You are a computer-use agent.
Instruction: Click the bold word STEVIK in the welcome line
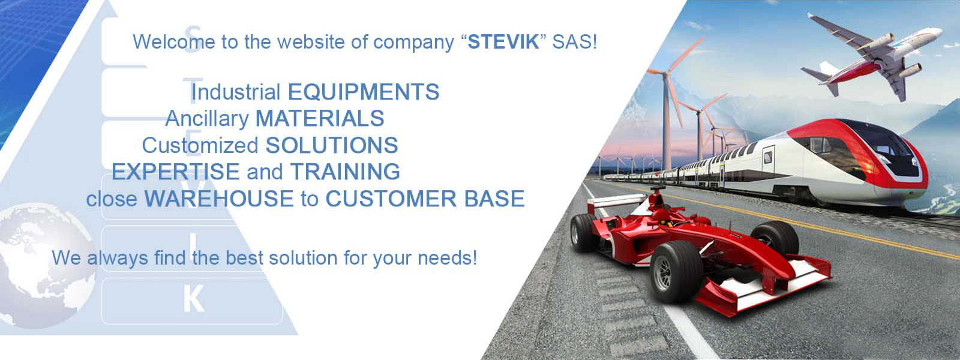pos(503,42)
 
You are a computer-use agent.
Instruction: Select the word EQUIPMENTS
pos(364,92)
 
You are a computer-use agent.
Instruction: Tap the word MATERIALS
pos(320,118)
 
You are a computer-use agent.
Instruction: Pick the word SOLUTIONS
pos(332,145)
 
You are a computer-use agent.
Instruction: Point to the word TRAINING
pos(345,172)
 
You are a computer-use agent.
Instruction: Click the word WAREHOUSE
pos(218,199)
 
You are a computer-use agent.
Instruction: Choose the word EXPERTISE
pos(175,172)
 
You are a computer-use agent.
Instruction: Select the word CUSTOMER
pos(391,199)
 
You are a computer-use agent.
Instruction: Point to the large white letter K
pos(193,299)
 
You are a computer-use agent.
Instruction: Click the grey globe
pos(43,266)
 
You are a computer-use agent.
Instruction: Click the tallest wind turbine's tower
pos(667,124)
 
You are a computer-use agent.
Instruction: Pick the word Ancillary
pos(207,118)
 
